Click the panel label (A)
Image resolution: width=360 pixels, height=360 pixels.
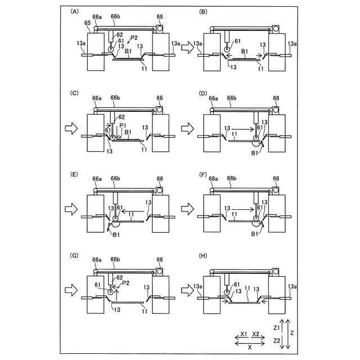pos(74,11)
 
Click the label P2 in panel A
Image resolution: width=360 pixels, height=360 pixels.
pos(133,38)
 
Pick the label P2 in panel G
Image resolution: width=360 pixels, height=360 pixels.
pos(126,283)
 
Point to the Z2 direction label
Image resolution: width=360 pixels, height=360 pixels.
pos(277,341)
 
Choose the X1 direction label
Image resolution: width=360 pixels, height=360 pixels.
pos(244,334)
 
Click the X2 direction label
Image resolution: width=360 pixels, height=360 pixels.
pos(256,334)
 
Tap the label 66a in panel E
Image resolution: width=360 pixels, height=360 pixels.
pos(97,179)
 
